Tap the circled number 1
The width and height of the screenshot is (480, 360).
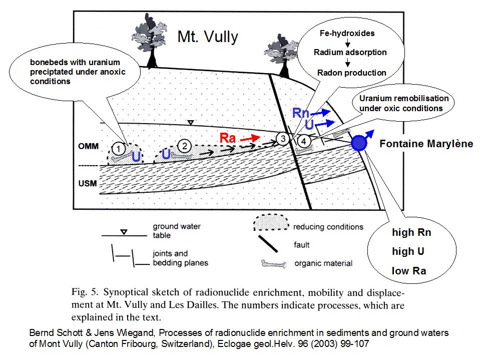click(118, 148)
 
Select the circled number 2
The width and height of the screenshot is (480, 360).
click(185, 146)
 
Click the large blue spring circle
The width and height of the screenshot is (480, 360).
click(358, 144)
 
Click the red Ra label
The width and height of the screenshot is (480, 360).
click(228, 138)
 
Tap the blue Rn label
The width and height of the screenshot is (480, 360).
click(301, 113)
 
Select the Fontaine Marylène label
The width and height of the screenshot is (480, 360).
click(426, 144)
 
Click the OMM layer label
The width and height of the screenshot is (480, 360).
click(88, 146)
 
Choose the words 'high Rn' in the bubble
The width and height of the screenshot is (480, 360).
click(411, 232)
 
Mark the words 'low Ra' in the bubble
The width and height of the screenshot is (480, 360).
click(409, 271)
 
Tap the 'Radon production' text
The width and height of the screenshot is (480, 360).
click(351, 73)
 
